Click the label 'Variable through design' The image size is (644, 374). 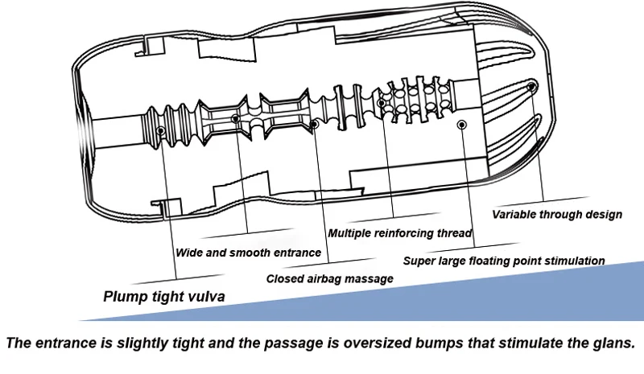557,214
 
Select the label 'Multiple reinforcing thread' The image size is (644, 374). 399,233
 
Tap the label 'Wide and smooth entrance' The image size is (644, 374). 248,253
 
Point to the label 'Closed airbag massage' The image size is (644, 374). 330,279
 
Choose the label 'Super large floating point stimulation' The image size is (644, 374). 504,261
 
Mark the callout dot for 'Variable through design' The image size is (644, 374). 531,87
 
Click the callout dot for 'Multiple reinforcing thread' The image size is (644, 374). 382,103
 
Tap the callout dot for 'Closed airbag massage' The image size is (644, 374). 314,124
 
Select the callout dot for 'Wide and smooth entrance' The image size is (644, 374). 235,119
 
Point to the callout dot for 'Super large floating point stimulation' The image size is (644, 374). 462,125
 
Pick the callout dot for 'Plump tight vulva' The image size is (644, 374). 160,131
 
